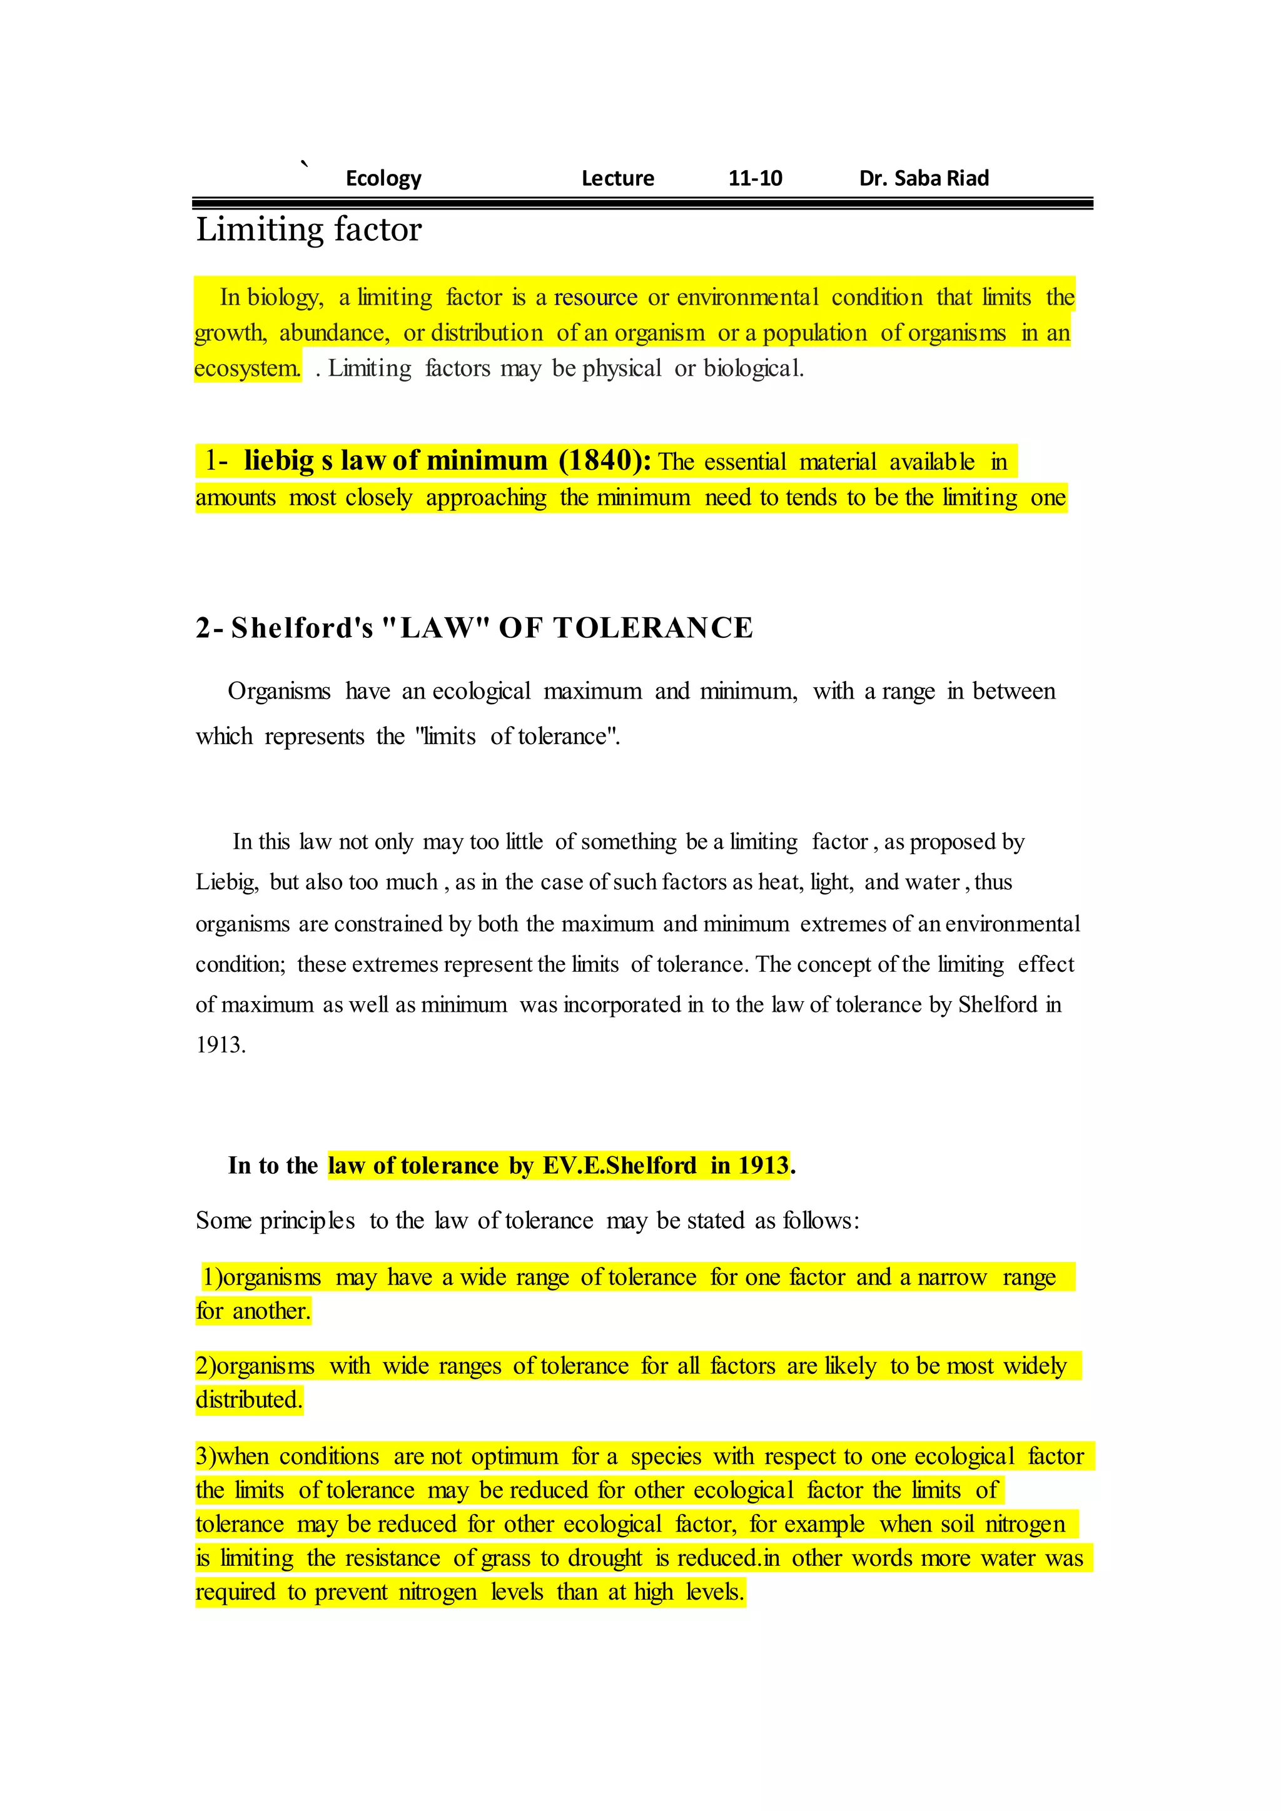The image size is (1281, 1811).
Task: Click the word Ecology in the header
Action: click(x=383, y=178)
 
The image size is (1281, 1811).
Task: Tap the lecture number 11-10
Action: click(x=755, y=178)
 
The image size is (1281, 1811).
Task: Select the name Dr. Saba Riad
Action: click(x=924, y=178)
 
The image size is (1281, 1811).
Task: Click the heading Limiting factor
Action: click(x=308, y=230)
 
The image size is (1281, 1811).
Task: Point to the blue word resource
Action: click(x=595, y=298)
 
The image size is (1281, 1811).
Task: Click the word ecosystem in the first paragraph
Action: click(x=247, y=368)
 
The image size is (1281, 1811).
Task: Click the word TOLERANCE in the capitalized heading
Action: click(x=653, y=628)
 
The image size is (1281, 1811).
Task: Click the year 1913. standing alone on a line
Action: click(x=221, y=1045)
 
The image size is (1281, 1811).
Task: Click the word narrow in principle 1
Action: click(x=952, y=1277)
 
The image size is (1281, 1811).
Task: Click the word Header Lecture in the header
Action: click(x=617, y=178)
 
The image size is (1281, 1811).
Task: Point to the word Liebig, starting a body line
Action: click(x=227, y=882)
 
